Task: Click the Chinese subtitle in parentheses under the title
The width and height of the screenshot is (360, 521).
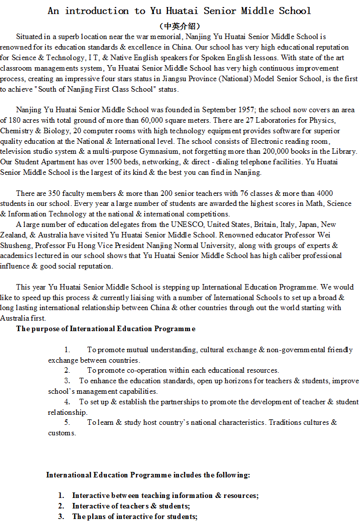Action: [x=179, y=26]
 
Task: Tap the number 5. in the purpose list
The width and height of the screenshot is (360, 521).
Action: [x=67, y=422]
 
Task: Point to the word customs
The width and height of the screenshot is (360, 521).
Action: [x=62, y=433]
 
